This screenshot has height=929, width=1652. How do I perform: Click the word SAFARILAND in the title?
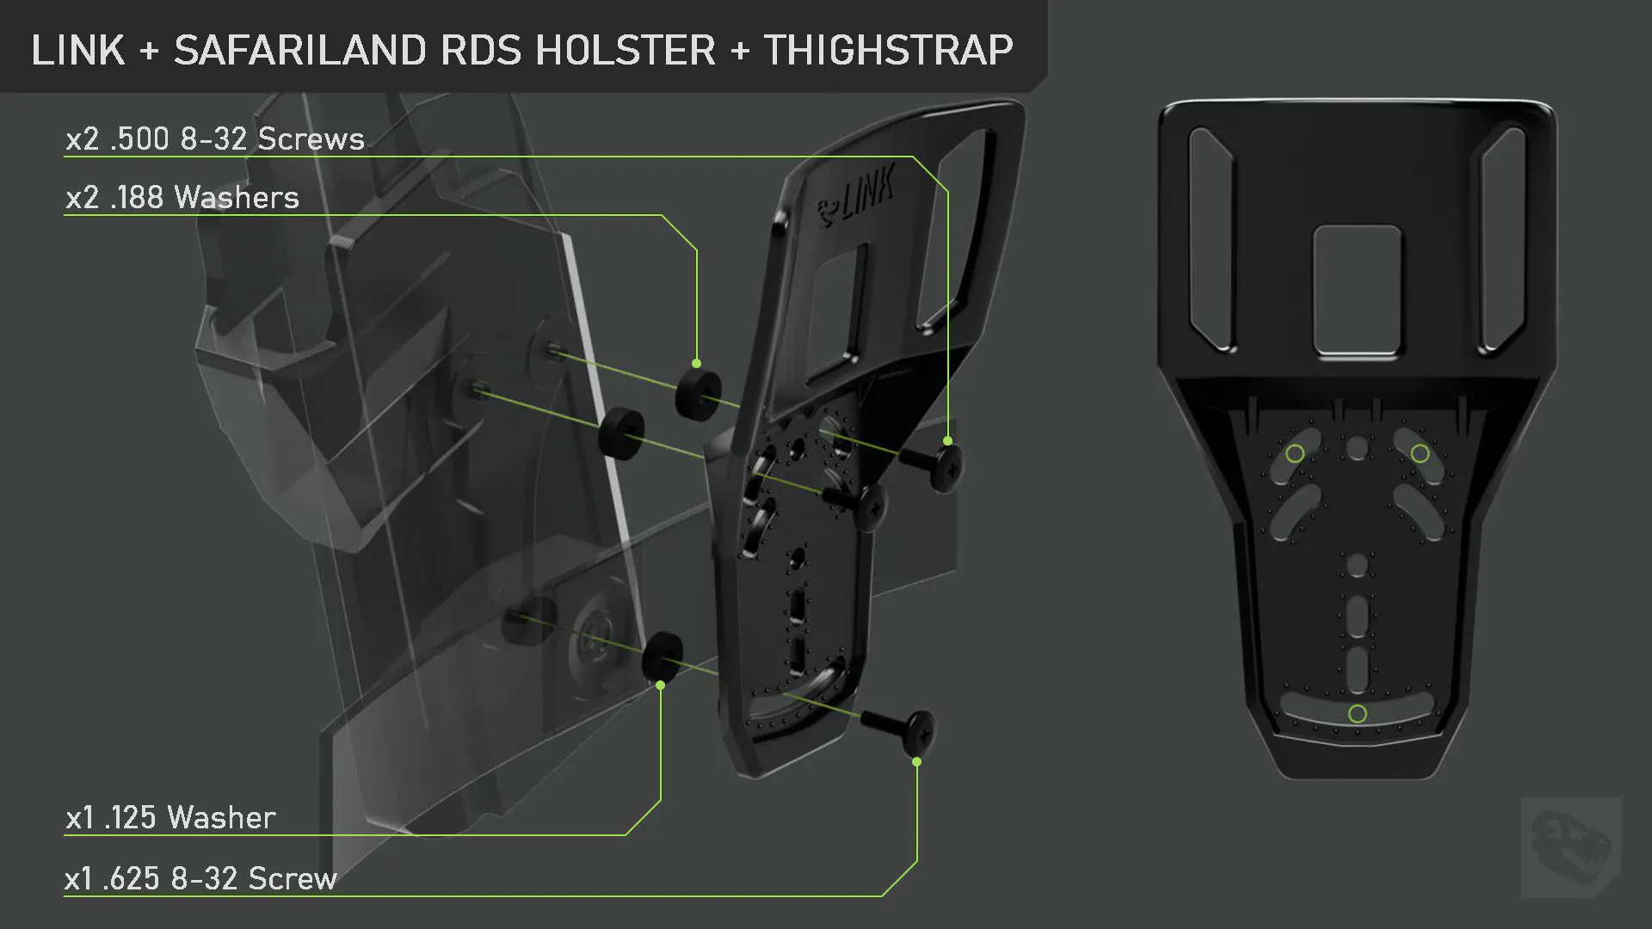[300, 50]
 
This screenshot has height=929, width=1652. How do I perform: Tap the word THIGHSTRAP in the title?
[888, 50]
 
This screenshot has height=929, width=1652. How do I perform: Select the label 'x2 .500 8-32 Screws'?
[215, 139]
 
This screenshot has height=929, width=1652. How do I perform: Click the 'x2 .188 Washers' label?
[182, 198]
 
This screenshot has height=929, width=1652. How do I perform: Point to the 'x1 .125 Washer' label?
[170, 817]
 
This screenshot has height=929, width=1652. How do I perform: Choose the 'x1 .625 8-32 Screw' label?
[200, 878]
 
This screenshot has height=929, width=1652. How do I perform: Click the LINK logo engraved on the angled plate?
[856, 198]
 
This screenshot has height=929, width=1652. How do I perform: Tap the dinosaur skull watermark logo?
[1571, 846]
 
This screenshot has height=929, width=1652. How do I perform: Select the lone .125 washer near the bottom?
[663, 658]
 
